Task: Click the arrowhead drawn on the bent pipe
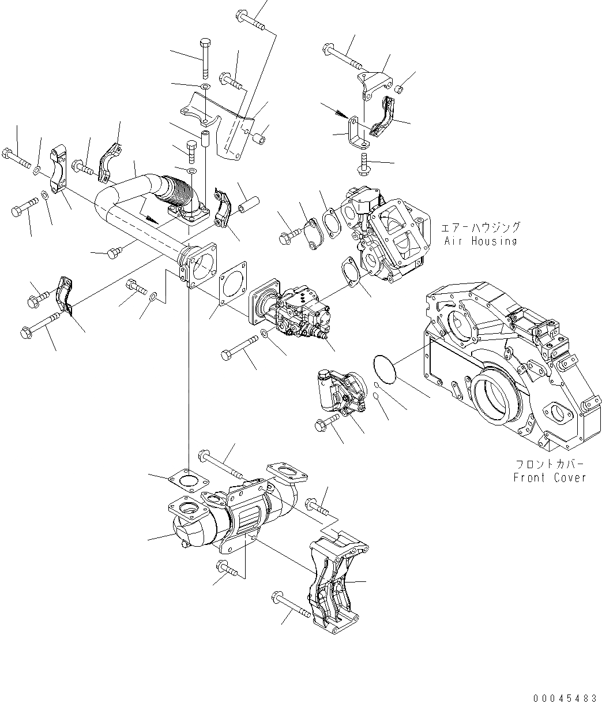151,219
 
